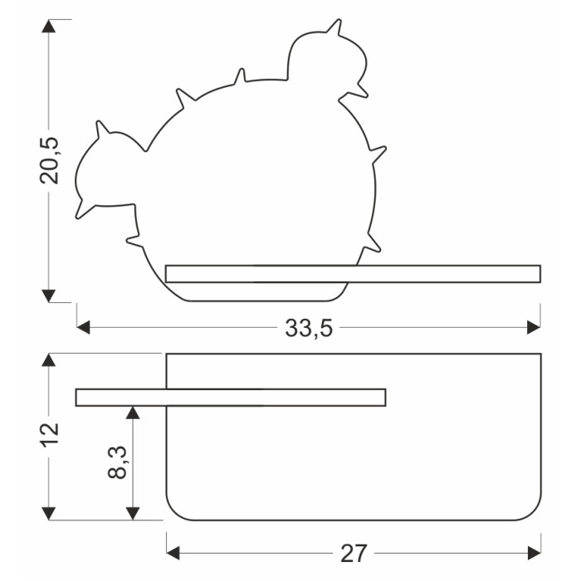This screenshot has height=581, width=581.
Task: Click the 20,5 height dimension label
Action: point(49,161)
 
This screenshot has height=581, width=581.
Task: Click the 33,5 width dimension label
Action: point(309,329)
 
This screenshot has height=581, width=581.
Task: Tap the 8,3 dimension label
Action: point(118,462)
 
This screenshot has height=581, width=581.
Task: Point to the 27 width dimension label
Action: point(354,554)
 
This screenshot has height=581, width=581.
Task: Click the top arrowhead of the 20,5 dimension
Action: point(48,26)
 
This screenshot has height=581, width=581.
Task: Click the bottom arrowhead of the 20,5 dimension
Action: point(48,296)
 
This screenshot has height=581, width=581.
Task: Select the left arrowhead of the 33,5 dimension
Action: point(83,328)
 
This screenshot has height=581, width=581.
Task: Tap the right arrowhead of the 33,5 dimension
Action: point(534,328)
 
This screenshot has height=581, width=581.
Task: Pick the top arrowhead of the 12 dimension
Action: point(48,360)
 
